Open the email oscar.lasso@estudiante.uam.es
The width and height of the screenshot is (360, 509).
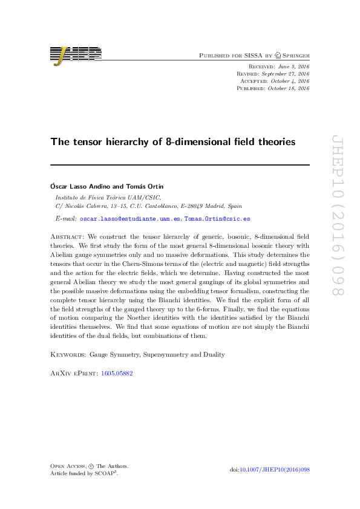pyautogui.click(x=130, y=219)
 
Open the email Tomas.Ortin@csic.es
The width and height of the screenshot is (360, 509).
pyautogui.click(x=217, y=219)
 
